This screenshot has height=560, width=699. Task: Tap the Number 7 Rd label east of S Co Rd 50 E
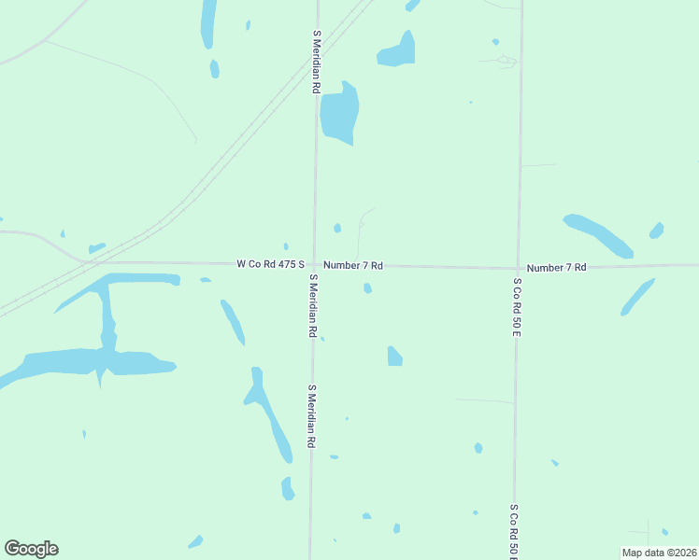click(x=556, y=268)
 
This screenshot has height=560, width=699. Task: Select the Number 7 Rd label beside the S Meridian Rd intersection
click(x=353, y=266)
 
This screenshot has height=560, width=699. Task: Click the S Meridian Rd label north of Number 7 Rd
click(x=317, y=61)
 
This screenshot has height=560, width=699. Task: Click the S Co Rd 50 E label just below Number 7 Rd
click(x=516, y=306)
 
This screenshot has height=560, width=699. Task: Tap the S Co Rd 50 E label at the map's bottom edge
click(x=514, y=530)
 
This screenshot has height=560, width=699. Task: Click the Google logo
click(x=31, y=549)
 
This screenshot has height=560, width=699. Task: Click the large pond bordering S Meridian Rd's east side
click(x=338, y=114)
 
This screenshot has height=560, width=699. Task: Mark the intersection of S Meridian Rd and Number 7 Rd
click(x=315, y=265)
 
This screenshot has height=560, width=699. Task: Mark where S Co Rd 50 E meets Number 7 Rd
click(x=518, y=268)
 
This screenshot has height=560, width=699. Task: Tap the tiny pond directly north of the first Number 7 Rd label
click(x=337, y=228)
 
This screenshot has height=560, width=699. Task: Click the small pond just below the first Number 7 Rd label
click(x=367, y=288)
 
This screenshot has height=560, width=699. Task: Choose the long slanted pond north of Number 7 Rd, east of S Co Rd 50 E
click(x=598, y=236)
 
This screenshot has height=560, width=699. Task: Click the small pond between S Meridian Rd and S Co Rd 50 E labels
click(x=394, y=356)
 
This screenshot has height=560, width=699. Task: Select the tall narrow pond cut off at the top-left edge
click(x=207, y=23)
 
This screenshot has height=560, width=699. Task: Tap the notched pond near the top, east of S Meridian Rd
click(x=397, y=51)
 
